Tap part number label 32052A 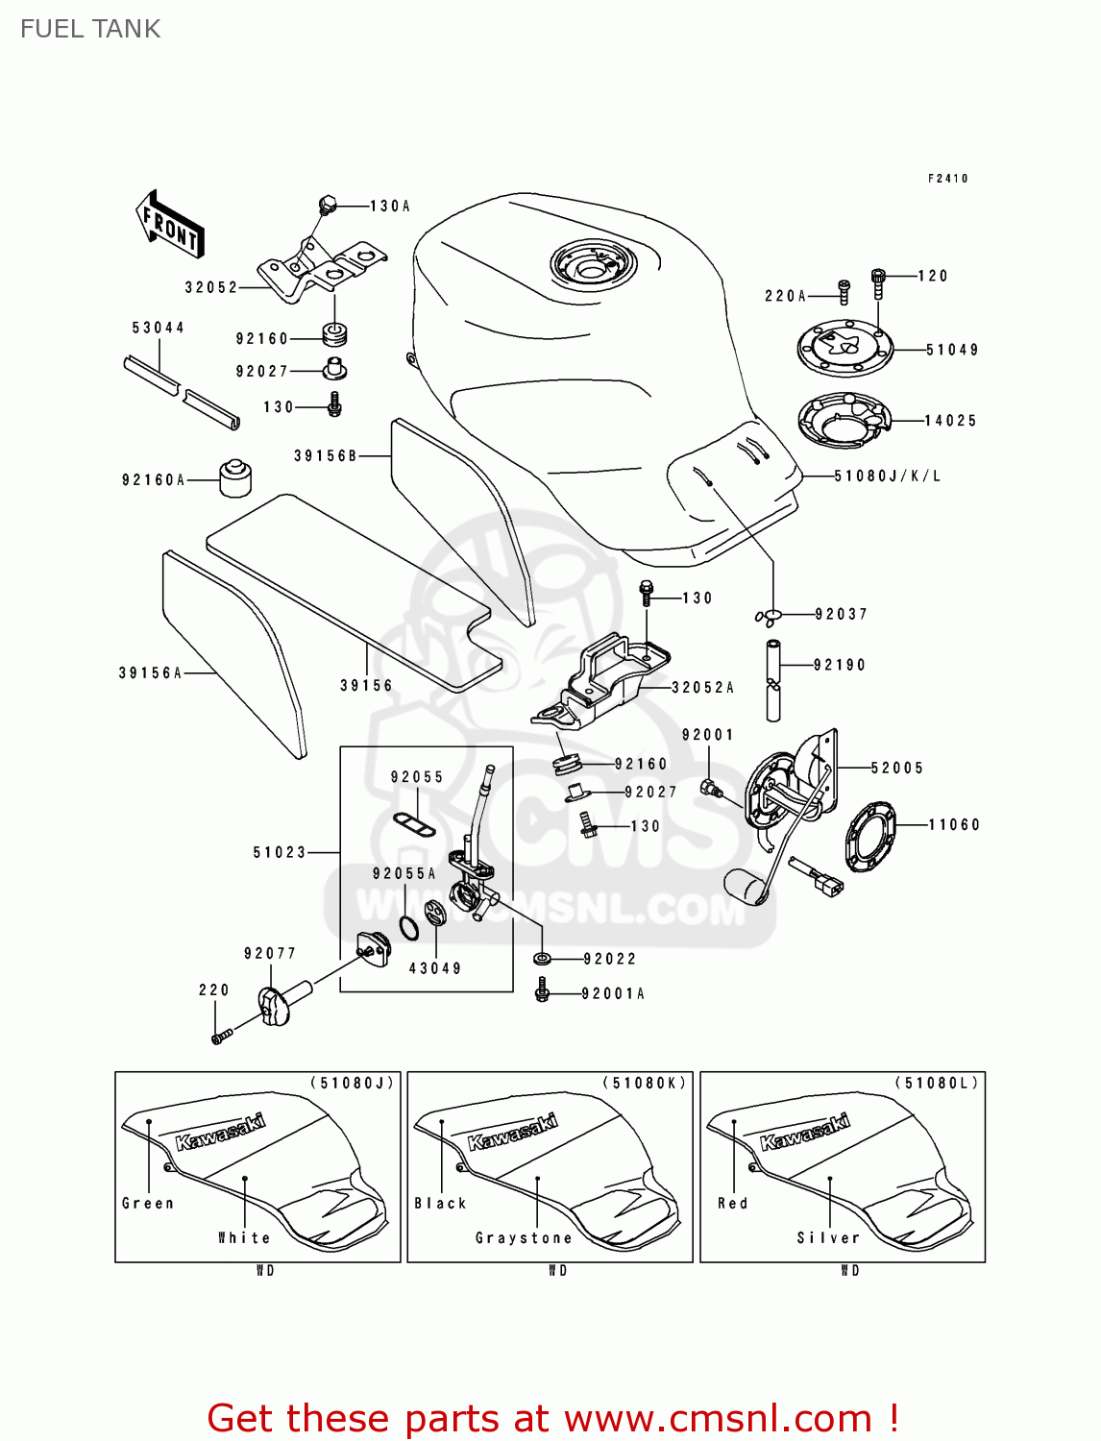coord(702,688)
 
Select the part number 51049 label coord(951,350)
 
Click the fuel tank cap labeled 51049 coord(845,348)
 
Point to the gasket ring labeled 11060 coord(870,836)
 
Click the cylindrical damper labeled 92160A coord(235,477)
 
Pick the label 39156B coord(325,455)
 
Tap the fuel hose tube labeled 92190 coord(773,680)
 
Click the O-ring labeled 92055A coord(408,928)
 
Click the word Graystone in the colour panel coord(524,1238)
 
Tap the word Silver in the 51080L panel coord(828,1238)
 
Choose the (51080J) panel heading coord(352,1084)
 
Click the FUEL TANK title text coord(90,29)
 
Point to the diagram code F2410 coord(947,179)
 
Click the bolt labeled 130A coord(327,205)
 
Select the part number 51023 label coord(279,852)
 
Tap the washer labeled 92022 coord(542,959)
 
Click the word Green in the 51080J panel coord(148,1203)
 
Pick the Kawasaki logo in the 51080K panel coord(512,1132)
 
